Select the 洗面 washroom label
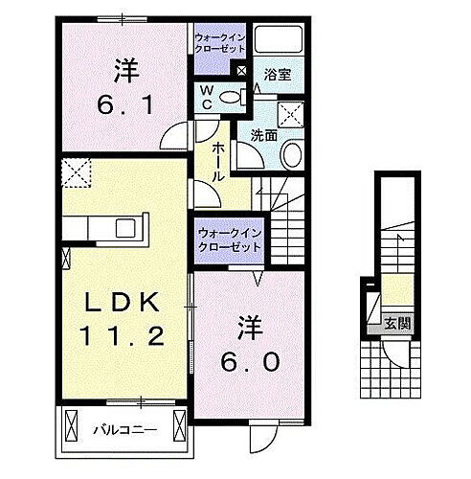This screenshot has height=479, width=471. [x=264, y=135]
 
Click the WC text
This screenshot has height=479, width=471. [x=205, y=96]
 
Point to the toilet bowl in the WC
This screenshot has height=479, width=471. [x=230, y=97]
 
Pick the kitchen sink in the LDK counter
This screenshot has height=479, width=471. [x=126, y=228]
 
